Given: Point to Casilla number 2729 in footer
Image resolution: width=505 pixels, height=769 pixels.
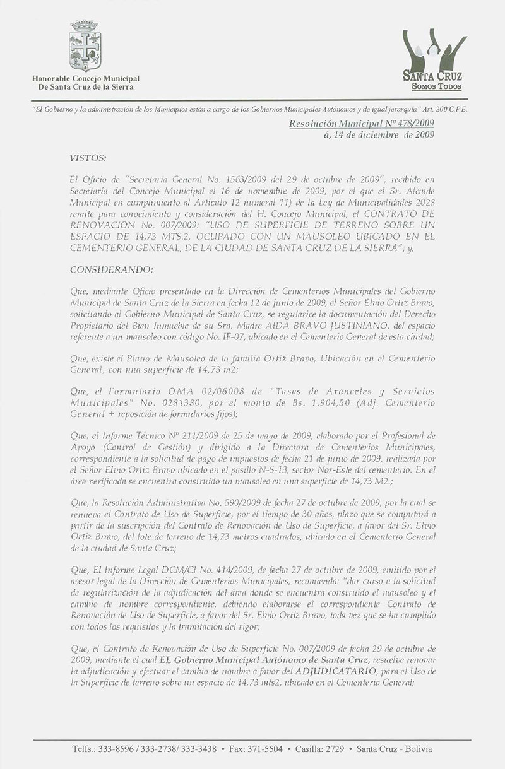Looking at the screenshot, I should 333,749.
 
